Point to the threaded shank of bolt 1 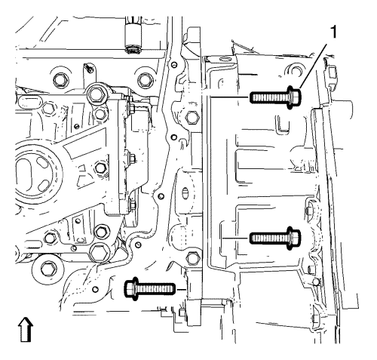[x=268, y=97]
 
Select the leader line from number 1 [x=313, y=66]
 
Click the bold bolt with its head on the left [x=150, y=289]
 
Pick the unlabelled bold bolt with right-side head [x=275, y=238]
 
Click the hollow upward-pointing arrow [x=26, y=329]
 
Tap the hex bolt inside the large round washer [x=47, y=269]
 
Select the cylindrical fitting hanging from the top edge [x=133, y=35]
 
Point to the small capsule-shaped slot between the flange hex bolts [x=185, y=193]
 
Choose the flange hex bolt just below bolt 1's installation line [x=192, y=117]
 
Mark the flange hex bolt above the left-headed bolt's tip [x=194, y=257]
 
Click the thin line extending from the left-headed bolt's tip [x=181, y=289]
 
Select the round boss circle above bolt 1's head [x=296, y=71]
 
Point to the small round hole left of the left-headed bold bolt [x=95, y=289]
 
